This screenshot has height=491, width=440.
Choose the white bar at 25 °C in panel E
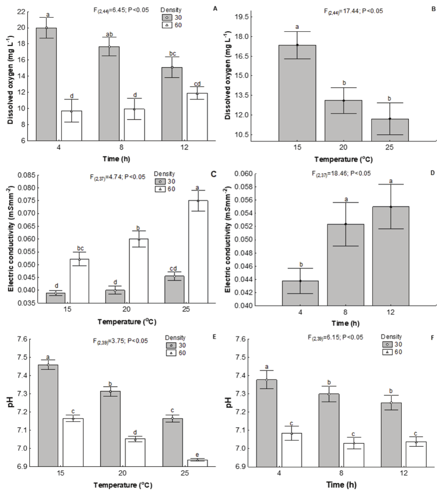coord(197,463)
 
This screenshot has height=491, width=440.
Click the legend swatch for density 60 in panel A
coord(167,25)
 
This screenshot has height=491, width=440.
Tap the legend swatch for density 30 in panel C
coord(160,181)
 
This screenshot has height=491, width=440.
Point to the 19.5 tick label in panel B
coord(242,17)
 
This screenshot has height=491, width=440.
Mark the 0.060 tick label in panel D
coord(244,174)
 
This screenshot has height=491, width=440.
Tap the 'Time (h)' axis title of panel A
coord(116,159)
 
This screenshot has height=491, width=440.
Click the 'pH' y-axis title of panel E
coord(11,402)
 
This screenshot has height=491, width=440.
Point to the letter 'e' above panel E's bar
coord(197,455)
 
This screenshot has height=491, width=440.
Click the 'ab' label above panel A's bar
coord(109,34)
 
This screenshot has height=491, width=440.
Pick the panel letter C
coord(213,174)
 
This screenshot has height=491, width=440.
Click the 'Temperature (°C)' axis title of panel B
coord(343,159)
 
